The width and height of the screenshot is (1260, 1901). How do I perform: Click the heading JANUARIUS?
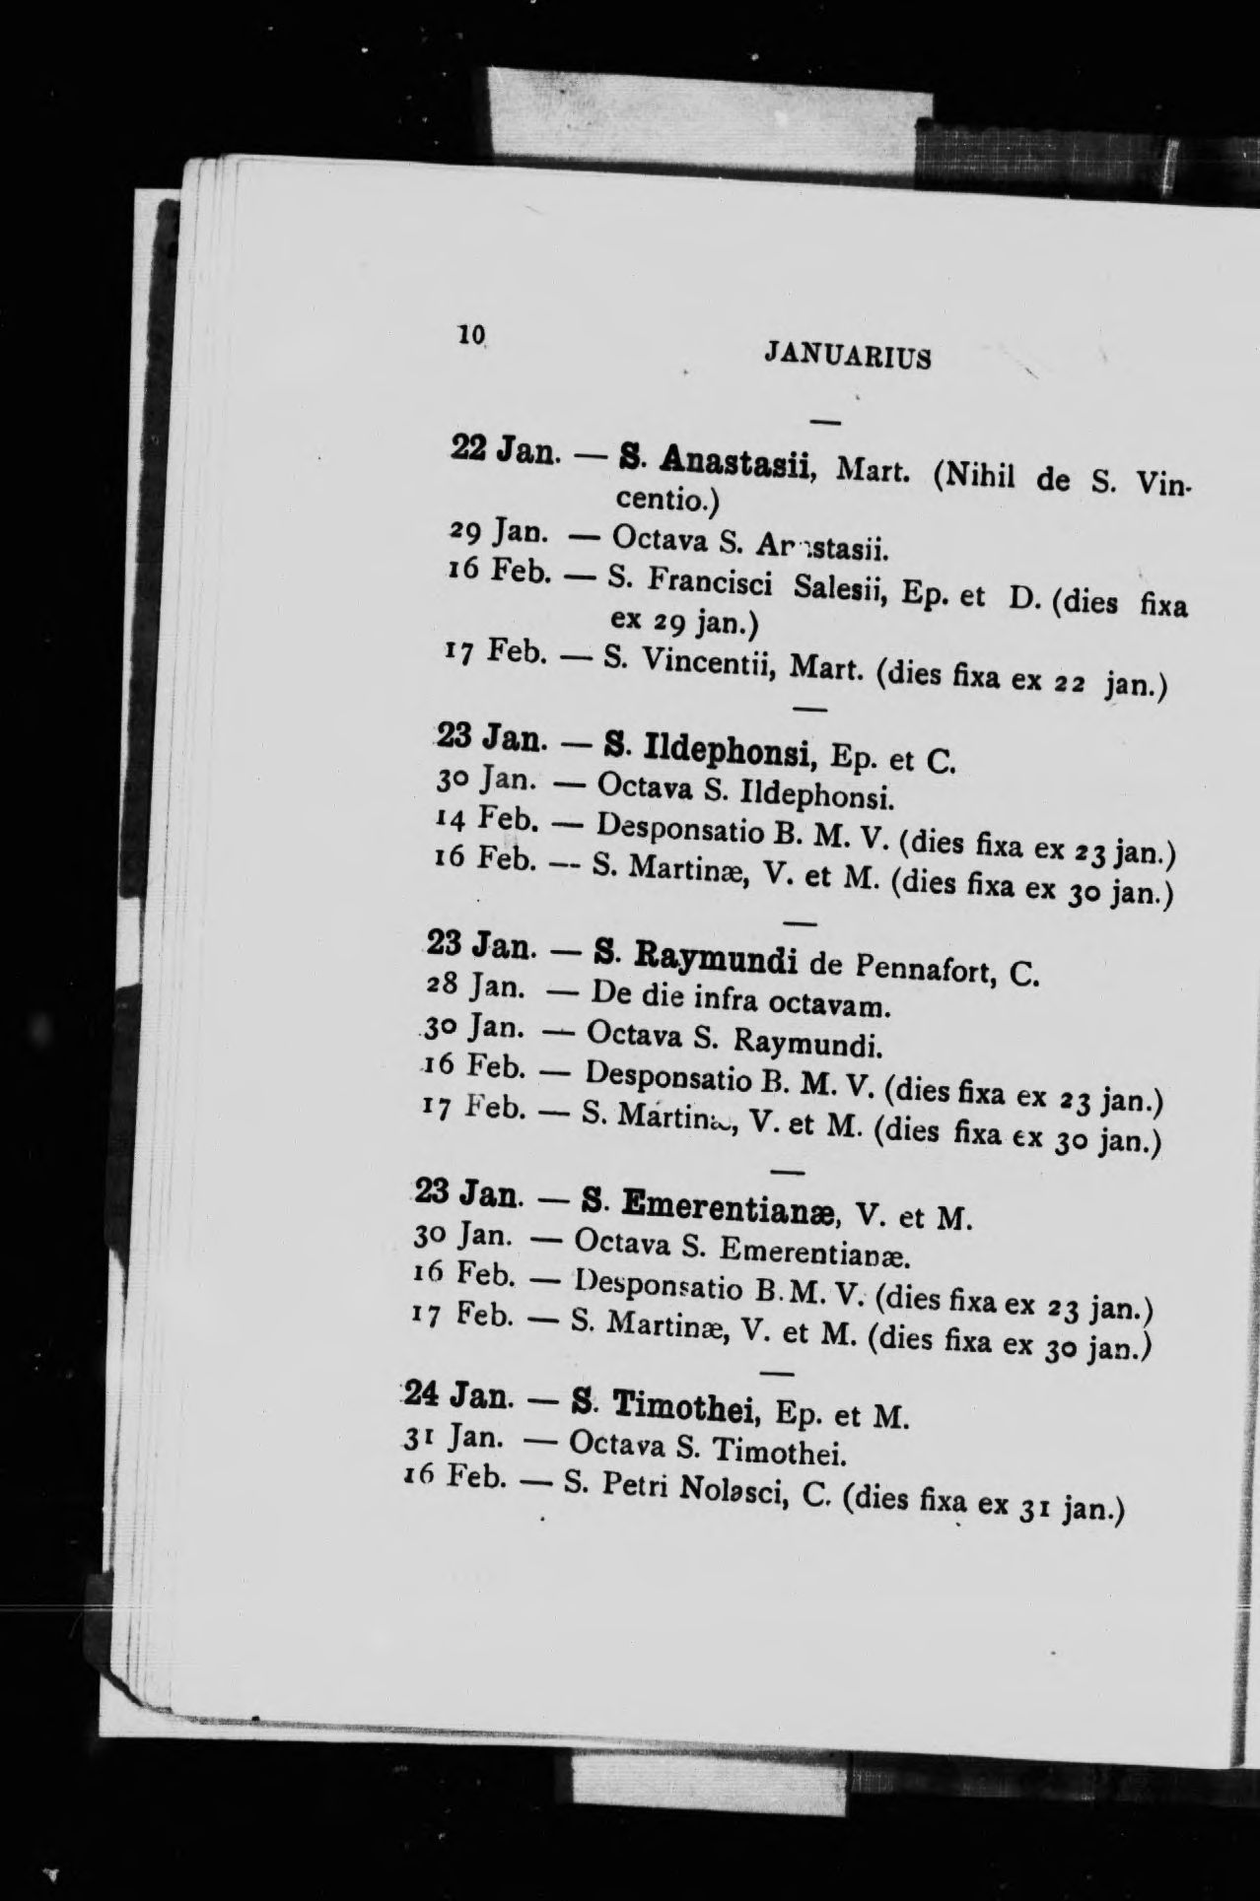point(847,355)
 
